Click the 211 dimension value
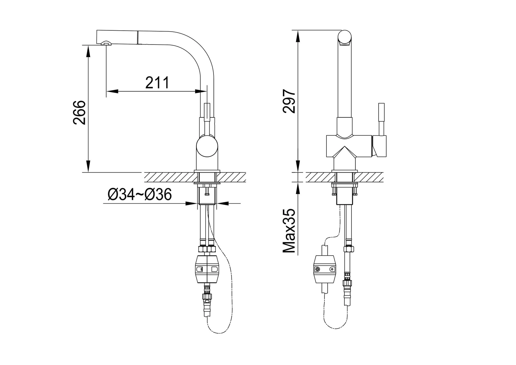pyautogui.click(x=157, y=82)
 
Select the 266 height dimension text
pyautogui.click(x=79, y=113)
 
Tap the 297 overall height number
pyautogui.click(x=289, y=101)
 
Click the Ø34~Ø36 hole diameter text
pyautogui.click(x=140, y=194)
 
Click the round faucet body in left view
pyautogui.click(x=207, y=146)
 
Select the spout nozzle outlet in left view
pyautogui.click(x=106, y=43)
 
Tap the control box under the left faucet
pyautogui.click(x=207, y=269)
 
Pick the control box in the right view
pyautogui.click(x=324, y=269)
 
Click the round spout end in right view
pyautogui.click(x=345, y=37)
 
